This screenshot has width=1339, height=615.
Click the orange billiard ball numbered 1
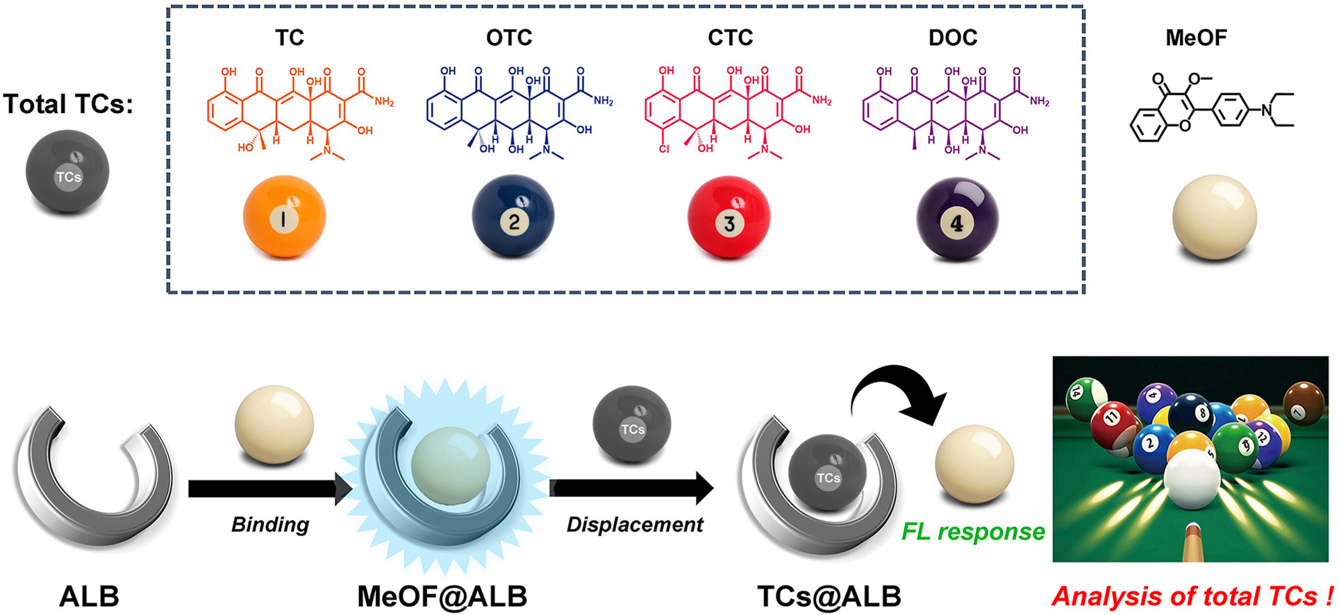(x=284, y=217)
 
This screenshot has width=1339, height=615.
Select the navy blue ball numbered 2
(x=513, y=217)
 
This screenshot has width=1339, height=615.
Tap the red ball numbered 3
(x=729, y=217)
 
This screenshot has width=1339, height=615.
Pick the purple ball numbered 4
(x=957, y=218)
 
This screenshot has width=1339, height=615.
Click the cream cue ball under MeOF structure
(x=1214, y=217)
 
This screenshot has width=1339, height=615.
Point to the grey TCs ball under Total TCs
(x=67, y=171)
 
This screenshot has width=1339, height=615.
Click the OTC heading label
(x=509, y=37)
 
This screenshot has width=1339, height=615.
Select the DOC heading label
(x=953, y=37)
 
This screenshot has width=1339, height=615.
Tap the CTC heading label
(x=730, y=37)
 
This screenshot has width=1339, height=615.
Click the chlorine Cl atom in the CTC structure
(x=664, y=149)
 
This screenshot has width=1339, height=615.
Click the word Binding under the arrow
(x=270, y=525)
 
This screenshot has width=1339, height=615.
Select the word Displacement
(x=635, y=525)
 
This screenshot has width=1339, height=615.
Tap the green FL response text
(x=972, y=532)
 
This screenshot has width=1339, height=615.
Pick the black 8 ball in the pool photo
(x=1190, y=414)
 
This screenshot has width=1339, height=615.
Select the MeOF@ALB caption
(x=442, y=596)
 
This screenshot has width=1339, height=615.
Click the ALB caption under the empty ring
(x=89, y=596)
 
